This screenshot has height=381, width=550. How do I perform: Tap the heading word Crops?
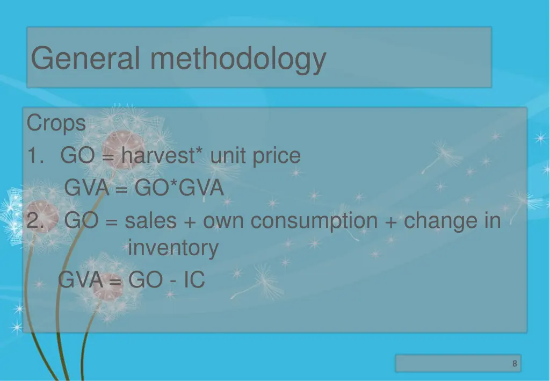[x=56, y=124]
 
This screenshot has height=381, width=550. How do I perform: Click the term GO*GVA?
[x=179, y=188]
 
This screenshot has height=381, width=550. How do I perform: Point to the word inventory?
[x=173, y=248]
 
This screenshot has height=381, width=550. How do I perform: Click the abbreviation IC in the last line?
[x=194, y=279]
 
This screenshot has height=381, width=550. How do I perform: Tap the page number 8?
[x=515, y=364]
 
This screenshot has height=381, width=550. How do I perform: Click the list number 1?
[x=35, y=156]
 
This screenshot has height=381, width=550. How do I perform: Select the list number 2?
[x=35, y=221]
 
